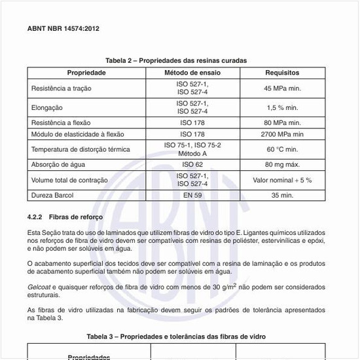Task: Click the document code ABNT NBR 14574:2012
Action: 63,29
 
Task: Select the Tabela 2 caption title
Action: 179,60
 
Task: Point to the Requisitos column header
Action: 282,73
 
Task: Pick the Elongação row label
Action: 46,107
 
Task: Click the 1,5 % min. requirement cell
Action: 282,107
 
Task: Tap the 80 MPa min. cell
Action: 282,122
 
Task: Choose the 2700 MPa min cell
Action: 282,134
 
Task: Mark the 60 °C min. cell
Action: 282,149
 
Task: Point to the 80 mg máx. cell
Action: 282,164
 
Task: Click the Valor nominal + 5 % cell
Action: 282,179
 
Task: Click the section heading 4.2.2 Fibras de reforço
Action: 64,217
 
